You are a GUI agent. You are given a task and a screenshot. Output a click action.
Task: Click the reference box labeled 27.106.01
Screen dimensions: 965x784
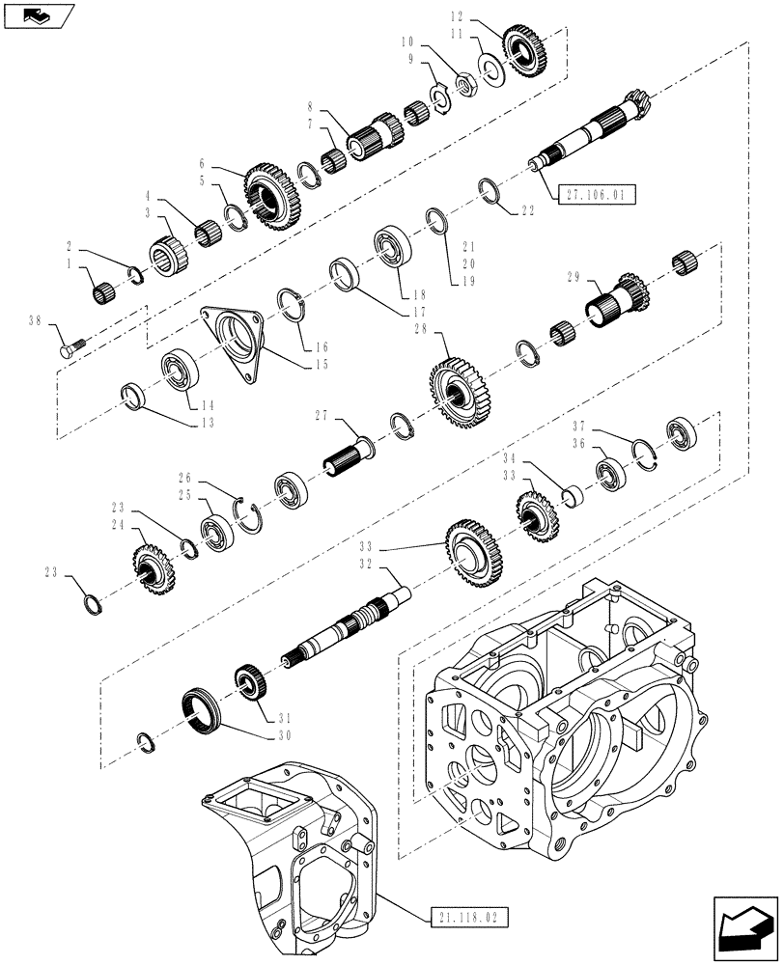596,194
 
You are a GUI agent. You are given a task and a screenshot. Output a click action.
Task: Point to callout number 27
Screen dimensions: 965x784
324,416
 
